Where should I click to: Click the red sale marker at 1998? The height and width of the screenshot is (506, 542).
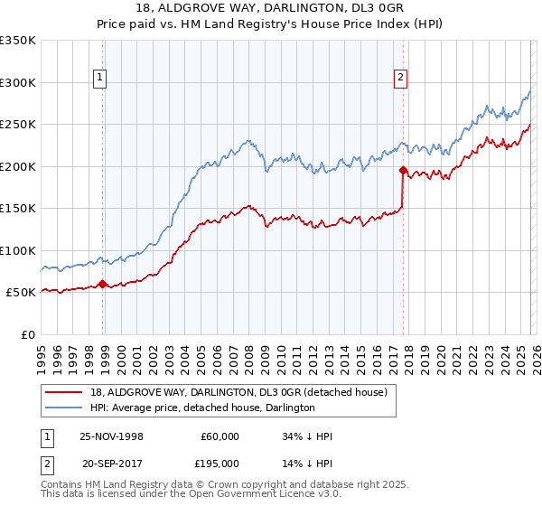103,284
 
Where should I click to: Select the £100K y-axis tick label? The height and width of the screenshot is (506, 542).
18,250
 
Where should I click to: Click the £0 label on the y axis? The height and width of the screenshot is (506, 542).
27,334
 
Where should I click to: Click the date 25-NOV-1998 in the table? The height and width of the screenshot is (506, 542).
112,436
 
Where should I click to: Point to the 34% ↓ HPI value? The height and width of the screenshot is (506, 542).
307,436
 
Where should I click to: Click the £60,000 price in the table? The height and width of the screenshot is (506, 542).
220,436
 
